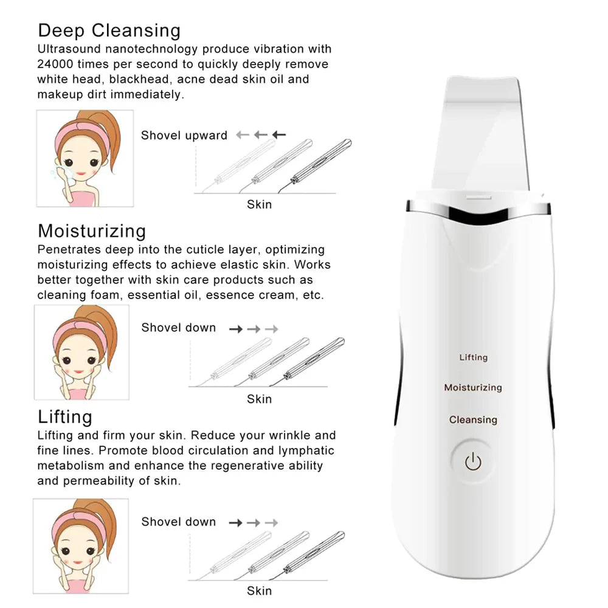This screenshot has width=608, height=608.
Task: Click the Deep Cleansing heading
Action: point(109,30)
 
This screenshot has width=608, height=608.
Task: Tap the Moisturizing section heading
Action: point(92,231)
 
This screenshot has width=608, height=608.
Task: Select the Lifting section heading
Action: point(65,417)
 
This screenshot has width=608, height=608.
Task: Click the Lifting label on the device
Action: point(473,358)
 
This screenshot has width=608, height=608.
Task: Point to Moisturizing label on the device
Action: point(473,387)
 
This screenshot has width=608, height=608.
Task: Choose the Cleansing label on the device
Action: point(473,420)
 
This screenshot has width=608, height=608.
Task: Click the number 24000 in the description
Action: point(55,64)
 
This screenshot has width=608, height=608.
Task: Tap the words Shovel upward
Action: point(184,136)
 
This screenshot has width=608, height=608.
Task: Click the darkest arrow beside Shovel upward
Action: point(278,135)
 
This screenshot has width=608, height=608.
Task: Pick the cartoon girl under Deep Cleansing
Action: point(85,158)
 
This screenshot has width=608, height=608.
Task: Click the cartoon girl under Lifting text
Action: point(81,546)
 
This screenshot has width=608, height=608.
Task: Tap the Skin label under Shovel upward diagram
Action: point(259,204)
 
